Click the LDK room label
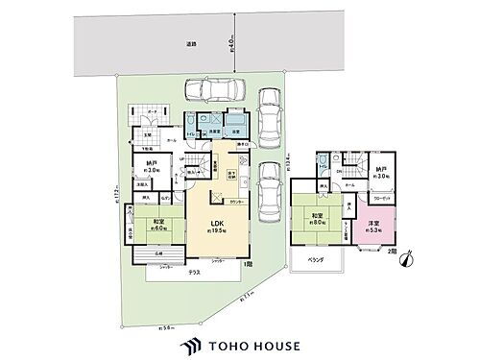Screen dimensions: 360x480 coord(218,227)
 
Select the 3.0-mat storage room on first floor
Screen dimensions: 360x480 coord(152,169)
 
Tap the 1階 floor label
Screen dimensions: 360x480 coord(247,263)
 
